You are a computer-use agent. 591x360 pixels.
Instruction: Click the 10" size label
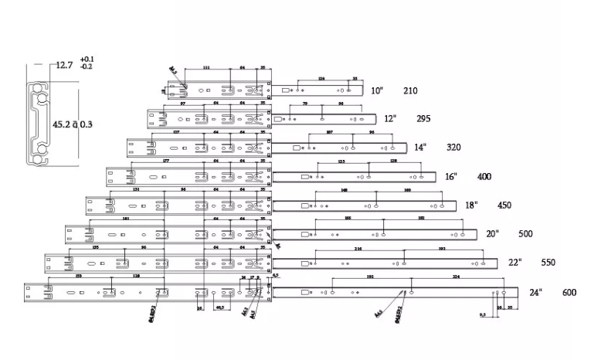pyautogui.click(x=377, y=90)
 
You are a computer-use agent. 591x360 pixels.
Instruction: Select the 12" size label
pyautogui.click(x=390, y=118)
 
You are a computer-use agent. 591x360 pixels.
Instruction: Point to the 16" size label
pyautogui.click(x=451, y=176)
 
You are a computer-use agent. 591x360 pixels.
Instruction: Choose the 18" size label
pyautogui.click(x=471, y=205)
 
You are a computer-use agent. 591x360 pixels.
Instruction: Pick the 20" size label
pyautogui.click(x=492, y=233)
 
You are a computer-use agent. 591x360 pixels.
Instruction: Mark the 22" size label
pyautogui.click(x=515, y=262)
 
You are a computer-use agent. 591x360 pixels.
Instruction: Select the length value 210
pyautogui.click(x=410, y=90)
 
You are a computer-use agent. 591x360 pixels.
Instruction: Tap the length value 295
pyautogui.click(x=423, y=119)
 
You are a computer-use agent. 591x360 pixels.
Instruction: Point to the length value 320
pyautogui.click(x=453, y=147)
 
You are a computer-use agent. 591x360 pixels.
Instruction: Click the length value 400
pyautogui.click(x=484, y=177)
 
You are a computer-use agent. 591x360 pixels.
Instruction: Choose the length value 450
pyautogui.click(x=504, y=205)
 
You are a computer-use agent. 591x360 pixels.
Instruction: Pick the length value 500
pyautogui.click(x=525, y=233)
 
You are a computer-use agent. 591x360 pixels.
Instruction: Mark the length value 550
pyautogui.click(x=548, y=262)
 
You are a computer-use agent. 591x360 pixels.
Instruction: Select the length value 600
pyautogui.click(x=569, y=292)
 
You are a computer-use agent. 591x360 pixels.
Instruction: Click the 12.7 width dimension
pyautogui.click(x=63, y=66)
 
